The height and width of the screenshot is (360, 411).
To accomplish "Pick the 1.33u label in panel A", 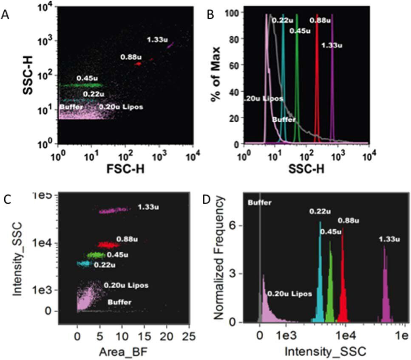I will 156,40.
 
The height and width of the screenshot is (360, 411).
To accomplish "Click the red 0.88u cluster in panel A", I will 138,64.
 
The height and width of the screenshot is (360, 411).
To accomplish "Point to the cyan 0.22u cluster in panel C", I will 84,264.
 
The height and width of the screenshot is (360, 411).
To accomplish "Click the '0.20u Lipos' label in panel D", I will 289,293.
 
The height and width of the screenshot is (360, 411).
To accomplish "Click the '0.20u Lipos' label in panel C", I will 126,285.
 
